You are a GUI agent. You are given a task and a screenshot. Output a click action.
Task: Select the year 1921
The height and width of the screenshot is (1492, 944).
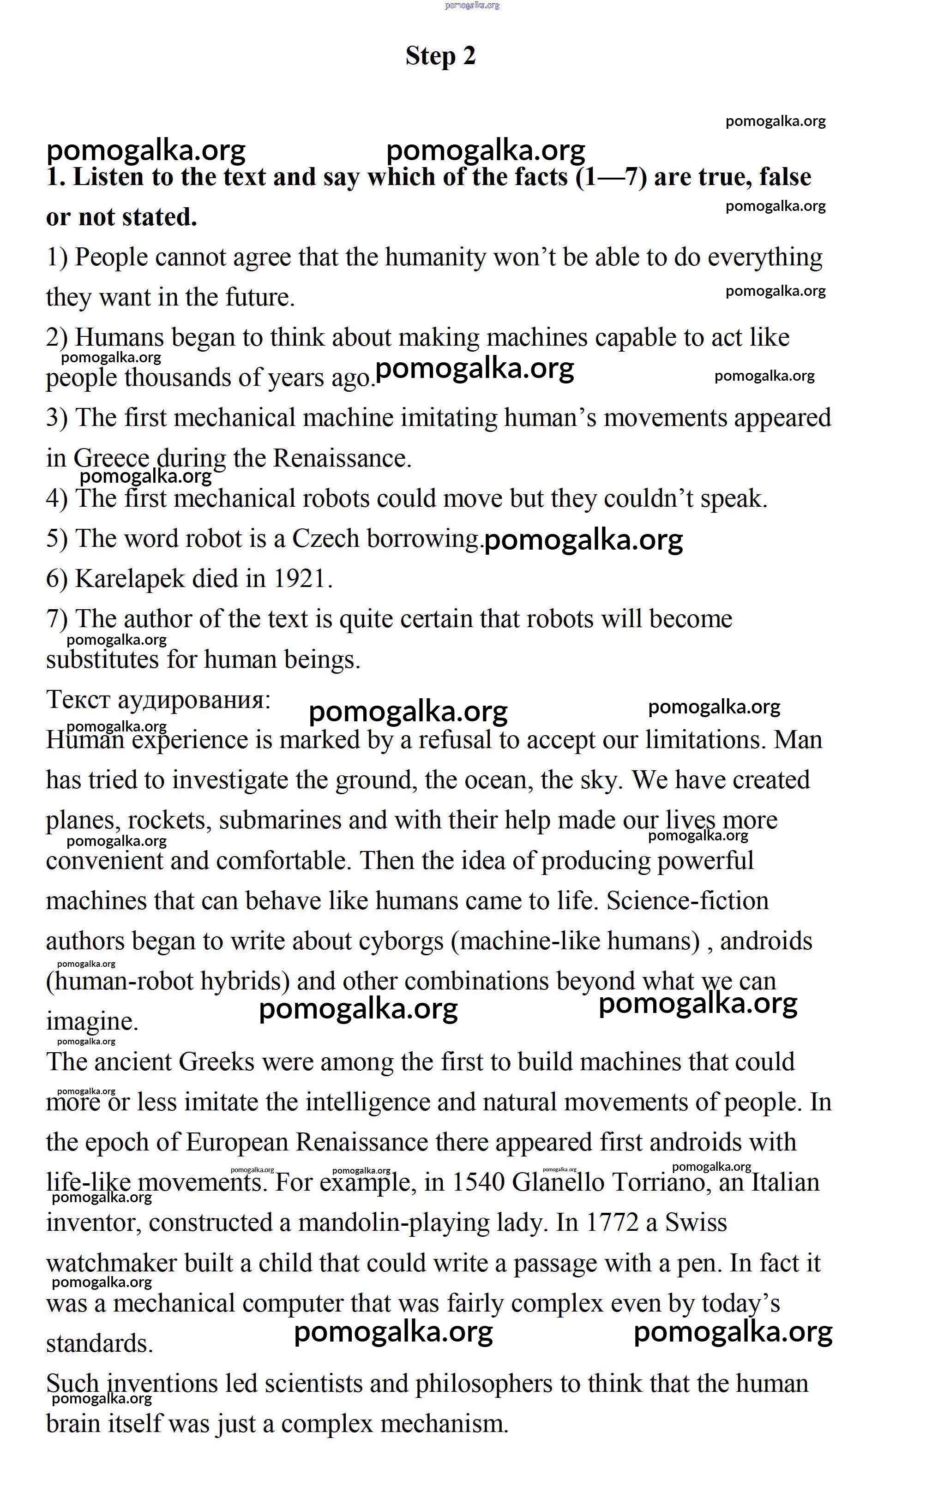click(300, 579)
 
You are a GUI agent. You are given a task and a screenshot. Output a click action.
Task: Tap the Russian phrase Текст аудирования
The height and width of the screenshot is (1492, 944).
click(158, 700)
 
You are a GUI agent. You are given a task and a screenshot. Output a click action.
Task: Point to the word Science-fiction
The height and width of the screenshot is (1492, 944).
click(687, 901)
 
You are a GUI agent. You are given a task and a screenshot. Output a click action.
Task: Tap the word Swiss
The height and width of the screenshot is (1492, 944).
click(696, 1222)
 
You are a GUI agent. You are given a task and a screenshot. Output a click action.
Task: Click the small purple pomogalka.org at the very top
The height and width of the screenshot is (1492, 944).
click(472, 5)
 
